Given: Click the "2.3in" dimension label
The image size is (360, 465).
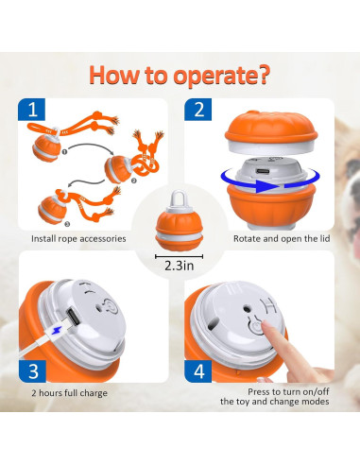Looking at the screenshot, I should (180, 267).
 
